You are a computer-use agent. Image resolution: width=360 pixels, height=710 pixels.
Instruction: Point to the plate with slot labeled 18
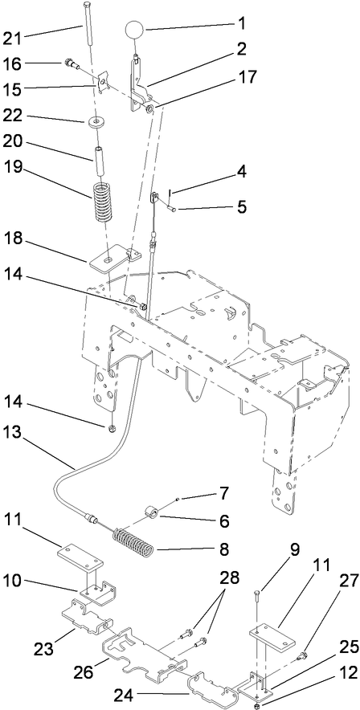(x=110, y=260)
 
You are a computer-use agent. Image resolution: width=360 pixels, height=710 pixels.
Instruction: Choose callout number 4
(x=219, y=171)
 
